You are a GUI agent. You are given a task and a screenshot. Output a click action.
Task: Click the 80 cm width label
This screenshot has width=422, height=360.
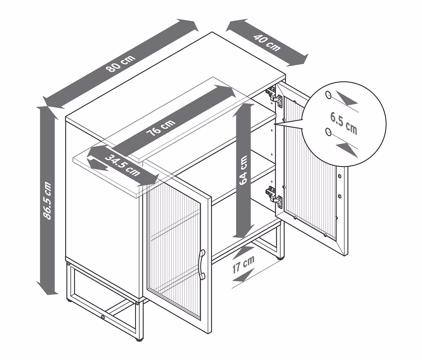121,63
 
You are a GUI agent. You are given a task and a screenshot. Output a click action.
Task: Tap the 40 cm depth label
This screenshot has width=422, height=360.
267,43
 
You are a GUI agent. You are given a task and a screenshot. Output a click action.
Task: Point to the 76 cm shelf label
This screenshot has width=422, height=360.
161,127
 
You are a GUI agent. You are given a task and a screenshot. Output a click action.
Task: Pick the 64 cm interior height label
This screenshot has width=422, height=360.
243,170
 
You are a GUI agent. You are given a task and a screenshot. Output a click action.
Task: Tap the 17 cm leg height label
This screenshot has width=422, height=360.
243,265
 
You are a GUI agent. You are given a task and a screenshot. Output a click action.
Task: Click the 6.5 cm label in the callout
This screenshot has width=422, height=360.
344,123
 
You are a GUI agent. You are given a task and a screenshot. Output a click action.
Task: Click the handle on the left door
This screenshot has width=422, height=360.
202,265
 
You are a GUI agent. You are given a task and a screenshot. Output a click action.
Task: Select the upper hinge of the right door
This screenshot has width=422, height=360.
274,96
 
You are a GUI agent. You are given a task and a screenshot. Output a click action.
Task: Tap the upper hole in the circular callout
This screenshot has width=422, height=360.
328,95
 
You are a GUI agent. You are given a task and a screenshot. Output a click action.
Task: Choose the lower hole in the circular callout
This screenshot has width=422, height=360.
328,132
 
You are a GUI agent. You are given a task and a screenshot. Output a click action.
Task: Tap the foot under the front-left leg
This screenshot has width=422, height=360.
69,300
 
